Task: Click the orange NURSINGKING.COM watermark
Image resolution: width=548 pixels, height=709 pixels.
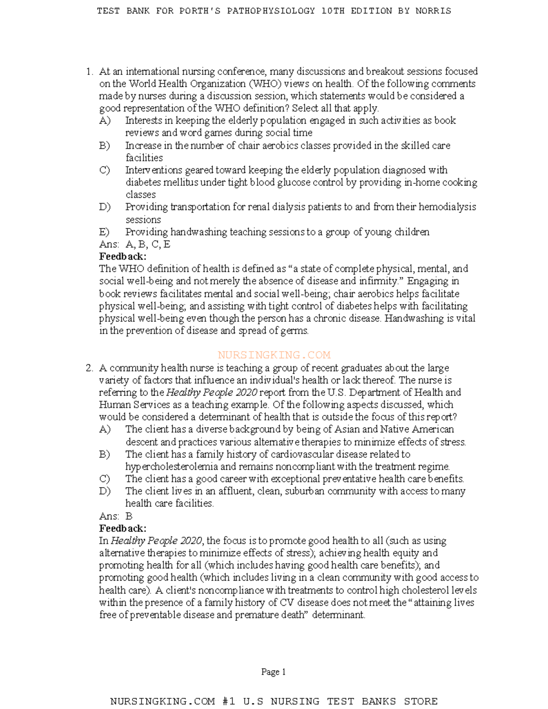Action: pos(274,355)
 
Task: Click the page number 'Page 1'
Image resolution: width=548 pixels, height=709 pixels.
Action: pos(273,672)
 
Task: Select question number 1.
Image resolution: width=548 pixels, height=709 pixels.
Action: pos(89,72)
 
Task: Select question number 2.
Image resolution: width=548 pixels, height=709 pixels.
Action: pos(89,368)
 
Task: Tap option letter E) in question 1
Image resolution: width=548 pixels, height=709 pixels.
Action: pos(104,232)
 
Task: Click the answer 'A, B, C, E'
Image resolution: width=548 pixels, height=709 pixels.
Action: pos(148,244)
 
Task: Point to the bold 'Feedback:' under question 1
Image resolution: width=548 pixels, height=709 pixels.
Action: pos(122,257)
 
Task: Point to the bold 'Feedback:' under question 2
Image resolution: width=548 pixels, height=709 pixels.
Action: pos(122,529)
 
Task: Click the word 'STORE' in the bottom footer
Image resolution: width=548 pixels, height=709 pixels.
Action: pos(421,701)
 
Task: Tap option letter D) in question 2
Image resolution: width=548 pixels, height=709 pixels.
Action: pos(105,491)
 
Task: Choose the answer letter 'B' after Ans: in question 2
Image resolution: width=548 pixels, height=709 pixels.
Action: pos(129,516)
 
